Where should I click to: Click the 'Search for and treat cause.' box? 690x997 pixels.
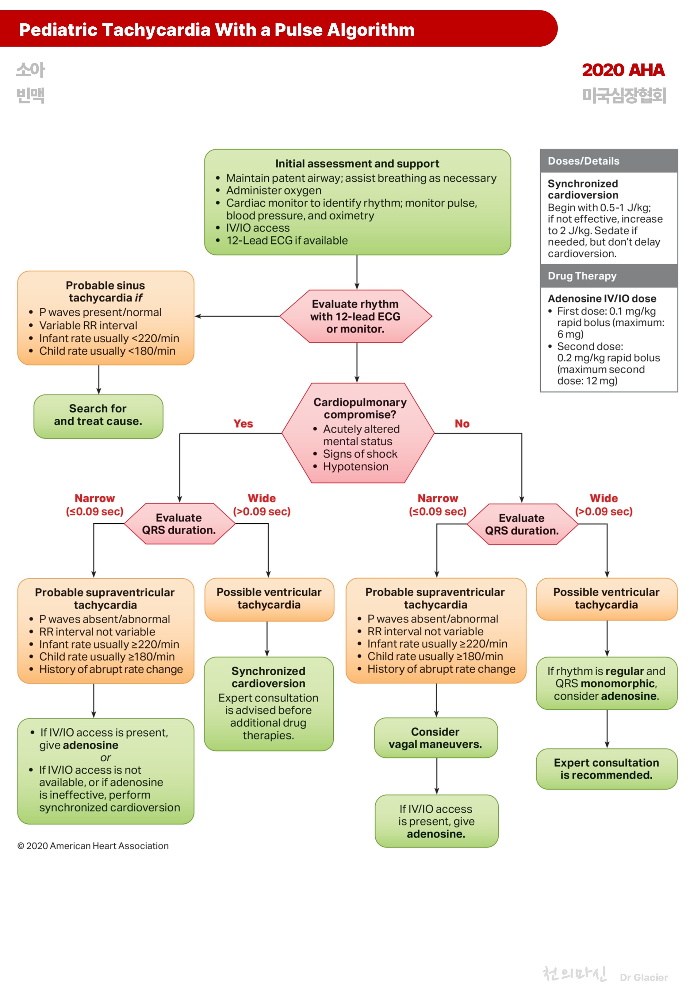tap(98, 415)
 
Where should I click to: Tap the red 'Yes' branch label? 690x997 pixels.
tap(243, 423)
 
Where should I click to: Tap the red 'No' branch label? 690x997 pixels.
tap(462, 423)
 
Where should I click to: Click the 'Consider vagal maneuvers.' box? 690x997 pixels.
tap(435, 737)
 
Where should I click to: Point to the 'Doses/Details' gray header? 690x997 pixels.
tap(583, 161)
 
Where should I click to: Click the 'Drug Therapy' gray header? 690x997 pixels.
tap(582, 276)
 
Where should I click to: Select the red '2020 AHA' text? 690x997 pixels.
tap(623, 70)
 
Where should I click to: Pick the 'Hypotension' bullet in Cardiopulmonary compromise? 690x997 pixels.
tap(355, 467)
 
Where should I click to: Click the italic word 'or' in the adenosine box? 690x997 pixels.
tap(105, 757)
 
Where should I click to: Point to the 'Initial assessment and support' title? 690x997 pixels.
tap(357, 164)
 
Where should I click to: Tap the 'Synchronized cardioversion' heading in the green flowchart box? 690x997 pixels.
tap(268, 677)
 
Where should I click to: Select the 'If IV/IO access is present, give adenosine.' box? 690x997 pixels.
tap(436, 821)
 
